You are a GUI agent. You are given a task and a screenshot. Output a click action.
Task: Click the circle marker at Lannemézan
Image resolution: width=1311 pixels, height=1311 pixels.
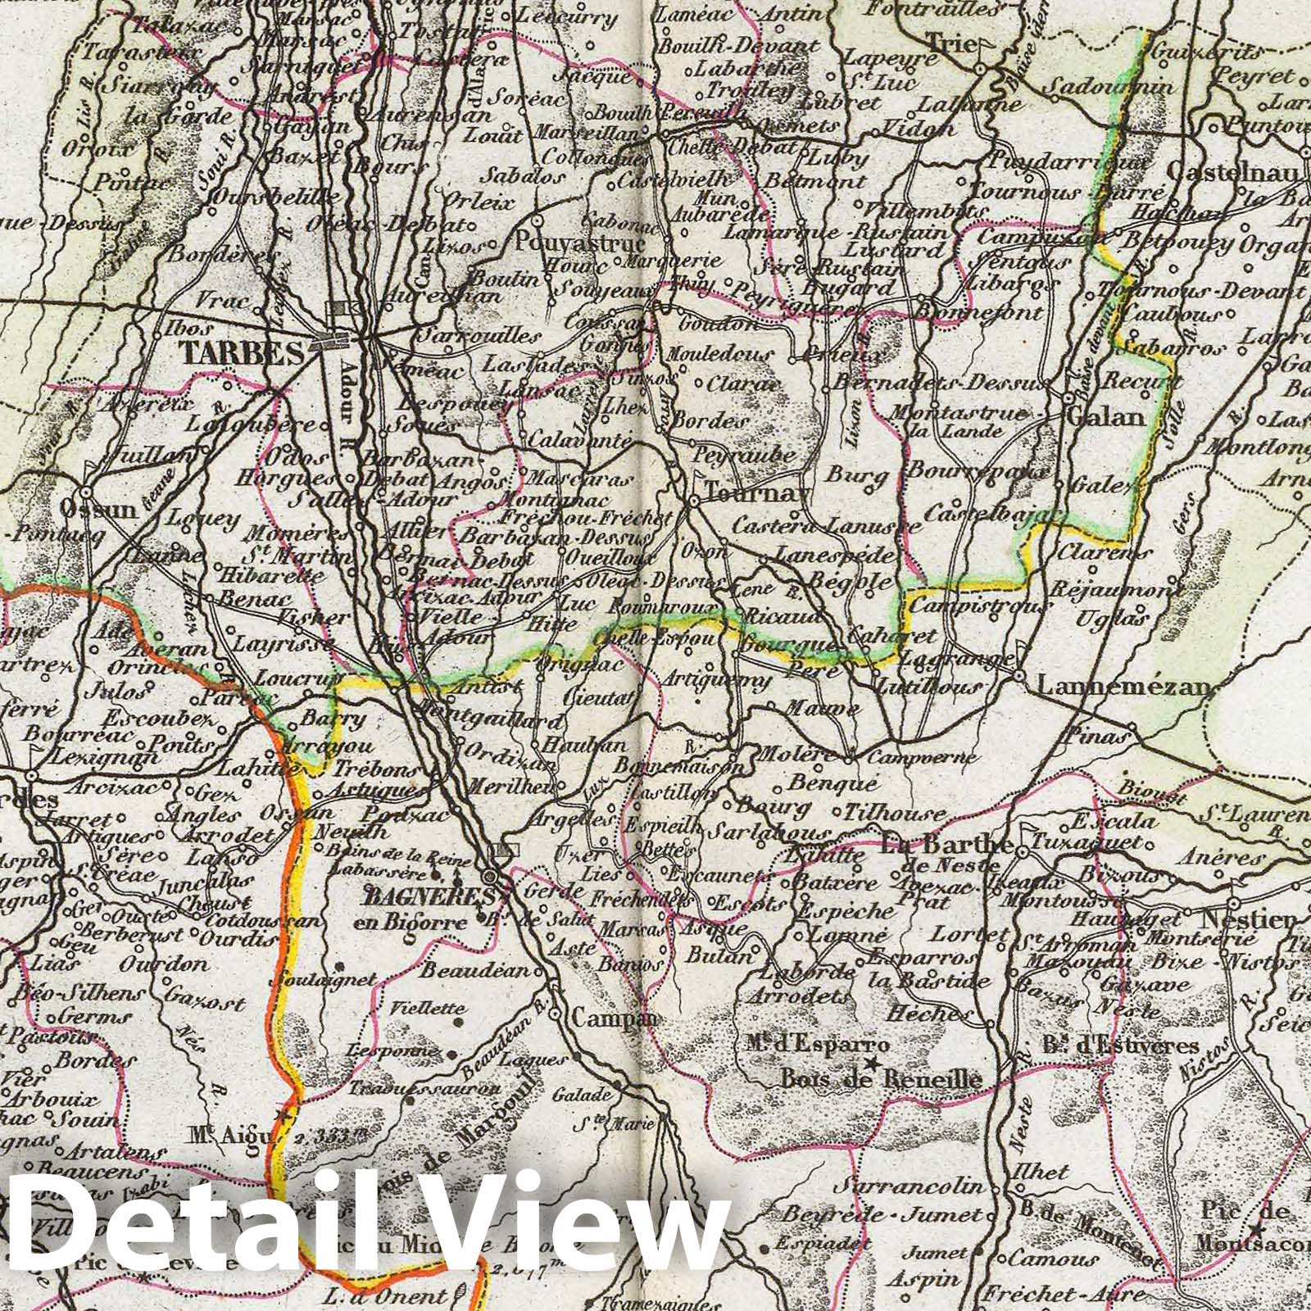1018,677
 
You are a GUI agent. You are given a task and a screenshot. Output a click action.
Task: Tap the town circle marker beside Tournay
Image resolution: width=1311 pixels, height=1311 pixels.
692,499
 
